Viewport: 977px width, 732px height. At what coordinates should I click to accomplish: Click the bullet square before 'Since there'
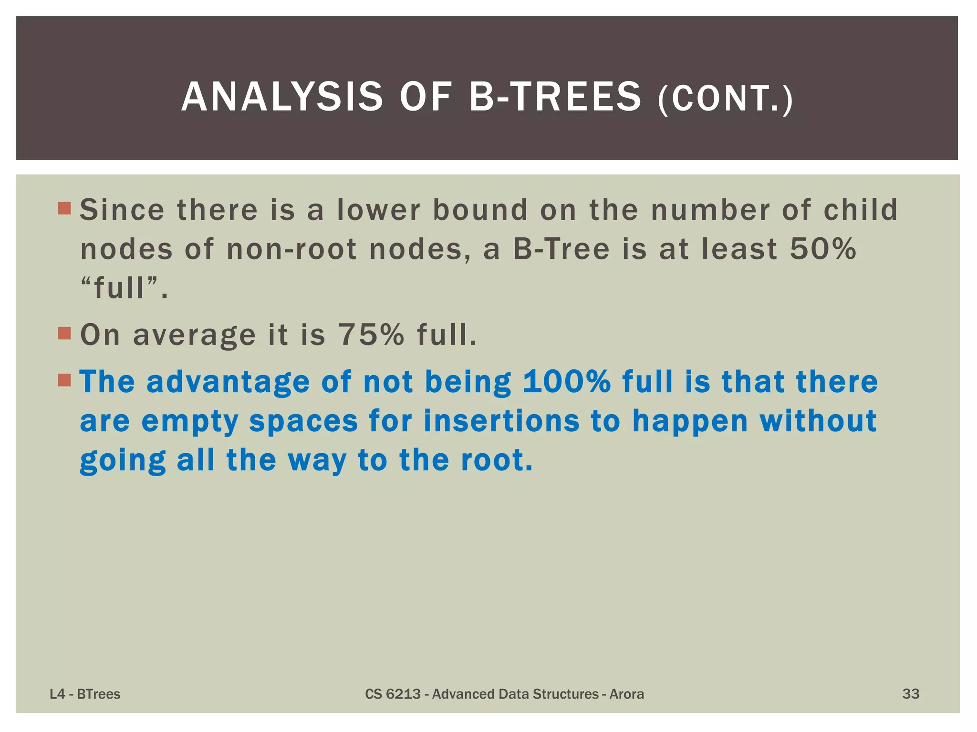tap(64, 208)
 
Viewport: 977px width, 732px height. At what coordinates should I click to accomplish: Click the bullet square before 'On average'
tap(64, 333)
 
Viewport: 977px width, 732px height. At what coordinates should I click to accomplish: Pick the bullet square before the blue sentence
tap(64, 380)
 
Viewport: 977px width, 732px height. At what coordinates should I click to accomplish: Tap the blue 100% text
tap(566, 382)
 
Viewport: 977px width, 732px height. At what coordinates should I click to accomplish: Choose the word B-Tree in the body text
tap(561, 249)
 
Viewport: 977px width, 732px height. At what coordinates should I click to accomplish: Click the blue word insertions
tap(501, 421)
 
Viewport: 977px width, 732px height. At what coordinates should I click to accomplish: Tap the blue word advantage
tap(228, 383)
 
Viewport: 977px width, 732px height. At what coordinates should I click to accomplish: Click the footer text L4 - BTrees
tap(85, 694)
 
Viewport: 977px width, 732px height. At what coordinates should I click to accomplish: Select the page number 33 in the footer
tap(910, 694)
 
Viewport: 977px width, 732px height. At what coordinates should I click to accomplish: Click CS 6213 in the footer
tap(392, 694)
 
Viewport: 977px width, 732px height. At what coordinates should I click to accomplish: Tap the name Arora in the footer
tap(626, 694)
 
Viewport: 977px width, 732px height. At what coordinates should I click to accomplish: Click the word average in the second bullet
tap(194, 335)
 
